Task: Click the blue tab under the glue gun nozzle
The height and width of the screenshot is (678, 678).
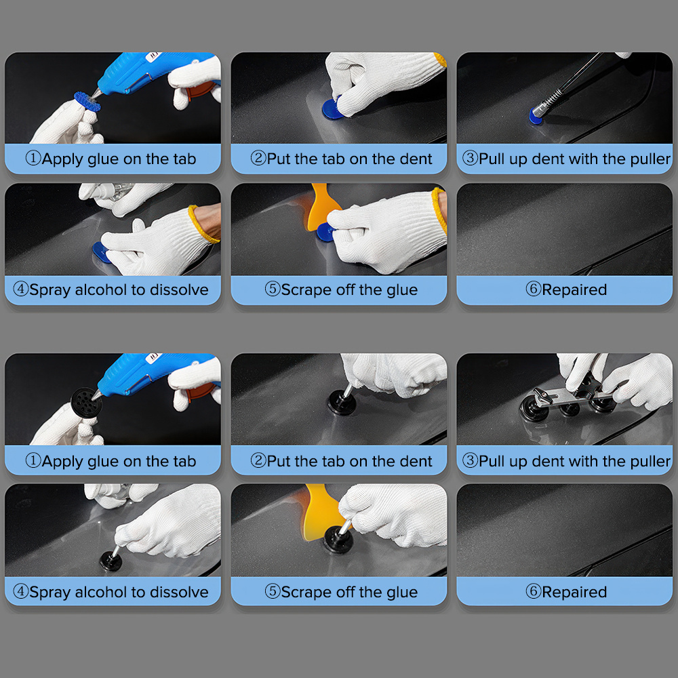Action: [87, 101]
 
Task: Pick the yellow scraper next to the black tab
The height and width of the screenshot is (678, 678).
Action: [321, 513]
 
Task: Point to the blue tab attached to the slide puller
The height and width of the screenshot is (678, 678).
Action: [536, 117]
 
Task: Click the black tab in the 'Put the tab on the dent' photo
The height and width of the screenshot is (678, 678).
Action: [342, 403]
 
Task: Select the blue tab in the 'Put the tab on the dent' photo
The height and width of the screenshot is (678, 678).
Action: [332, 109]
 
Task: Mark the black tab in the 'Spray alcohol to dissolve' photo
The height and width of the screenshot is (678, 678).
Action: [111, 561]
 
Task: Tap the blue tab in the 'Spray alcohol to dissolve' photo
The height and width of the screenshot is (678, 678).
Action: [101, 252]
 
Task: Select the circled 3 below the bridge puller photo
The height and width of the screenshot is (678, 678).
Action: [470, 460]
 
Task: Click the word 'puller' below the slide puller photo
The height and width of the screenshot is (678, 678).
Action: [650, 159]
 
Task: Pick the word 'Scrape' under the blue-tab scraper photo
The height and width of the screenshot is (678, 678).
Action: [306, 290]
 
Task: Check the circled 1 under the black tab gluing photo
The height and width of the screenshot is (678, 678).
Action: [33, 460]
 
